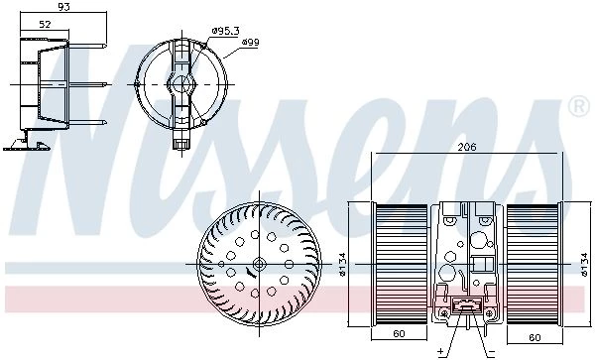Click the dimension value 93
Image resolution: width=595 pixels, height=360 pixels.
click(63, 7)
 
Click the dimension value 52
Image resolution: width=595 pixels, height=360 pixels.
click(45, 24)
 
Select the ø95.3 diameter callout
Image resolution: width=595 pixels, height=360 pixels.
click(225, 31)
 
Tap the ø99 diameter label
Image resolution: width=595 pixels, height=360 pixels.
click(251, 42)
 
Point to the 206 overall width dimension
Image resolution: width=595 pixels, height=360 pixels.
click(467, 147)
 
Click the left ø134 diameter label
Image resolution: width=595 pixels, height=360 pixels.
click(342, 264)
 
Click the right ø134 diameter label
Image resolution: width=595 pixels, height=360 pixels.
click(584, 265)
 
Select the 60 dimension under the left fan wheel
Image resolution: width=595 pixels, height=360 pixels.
click(399, 333)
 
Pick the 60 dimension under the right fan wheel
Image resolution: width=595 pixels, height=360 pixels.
click(535, 337)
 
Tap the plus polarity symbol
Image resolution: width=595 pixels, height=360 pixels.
click(441, 351)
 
